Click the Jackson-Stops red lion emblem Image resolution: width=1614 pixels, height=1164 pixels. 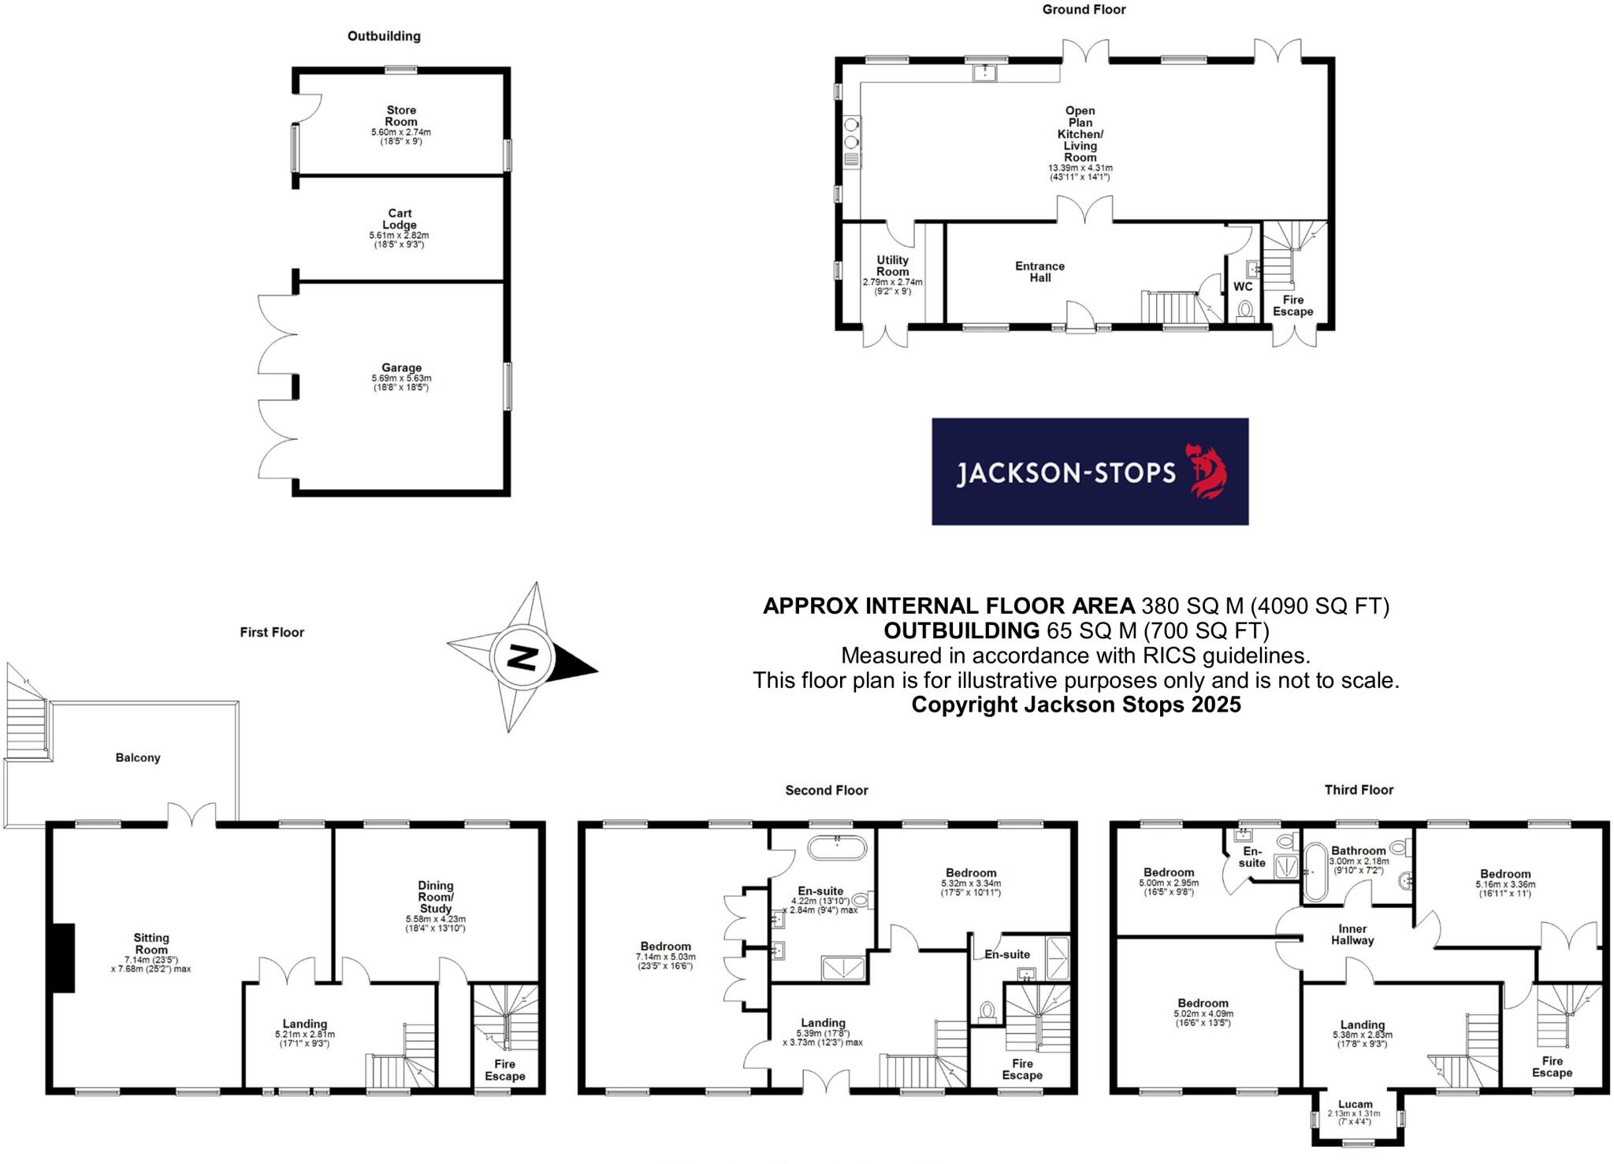click(1206, 471)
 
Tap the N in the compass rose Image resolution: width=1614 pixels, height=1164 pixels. click(522, 656)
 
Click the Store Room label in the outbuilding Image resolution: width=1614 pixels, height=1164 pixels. click(401, 116)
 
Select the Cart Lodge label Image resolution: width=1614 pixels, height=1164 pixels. click(400, 219)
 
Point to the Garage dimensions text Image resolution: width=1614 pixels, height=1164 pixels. click(401, 383)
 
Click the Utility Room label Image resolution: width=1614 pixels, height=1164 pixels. click(892, 266)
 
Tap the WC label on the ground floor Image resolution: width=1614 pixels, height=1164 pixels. click(1243, 286)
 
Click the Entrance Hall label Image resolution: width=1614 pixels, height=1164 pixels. click(1039, 272)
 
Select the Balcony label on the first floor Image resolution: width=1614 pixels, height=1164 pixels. click(138, 757)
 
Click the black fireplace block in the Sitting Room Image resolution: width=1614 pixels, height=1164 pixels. click(63, 958)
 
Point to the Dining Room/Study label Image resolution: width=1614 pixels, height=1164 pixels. click(436, 897)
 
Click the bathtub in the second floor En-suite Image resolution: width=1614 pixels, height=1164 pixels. click(836, 848)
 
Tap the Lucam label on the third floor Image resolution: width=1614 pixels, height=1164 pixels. click(1355, 1104)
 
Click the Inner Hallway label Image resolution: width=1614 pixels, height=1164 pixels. click(1352, 935)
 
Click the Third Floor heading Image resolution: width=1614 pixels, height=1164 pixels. click(1359, 790)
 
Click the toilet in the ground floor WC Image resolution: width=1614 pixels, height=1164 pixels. click(1245, 310)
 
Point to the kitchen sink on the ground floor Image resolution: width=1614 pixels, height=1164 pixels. click(984, 73)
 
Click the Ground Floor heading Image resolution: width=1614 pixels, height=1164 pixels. click(1084, 9)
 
